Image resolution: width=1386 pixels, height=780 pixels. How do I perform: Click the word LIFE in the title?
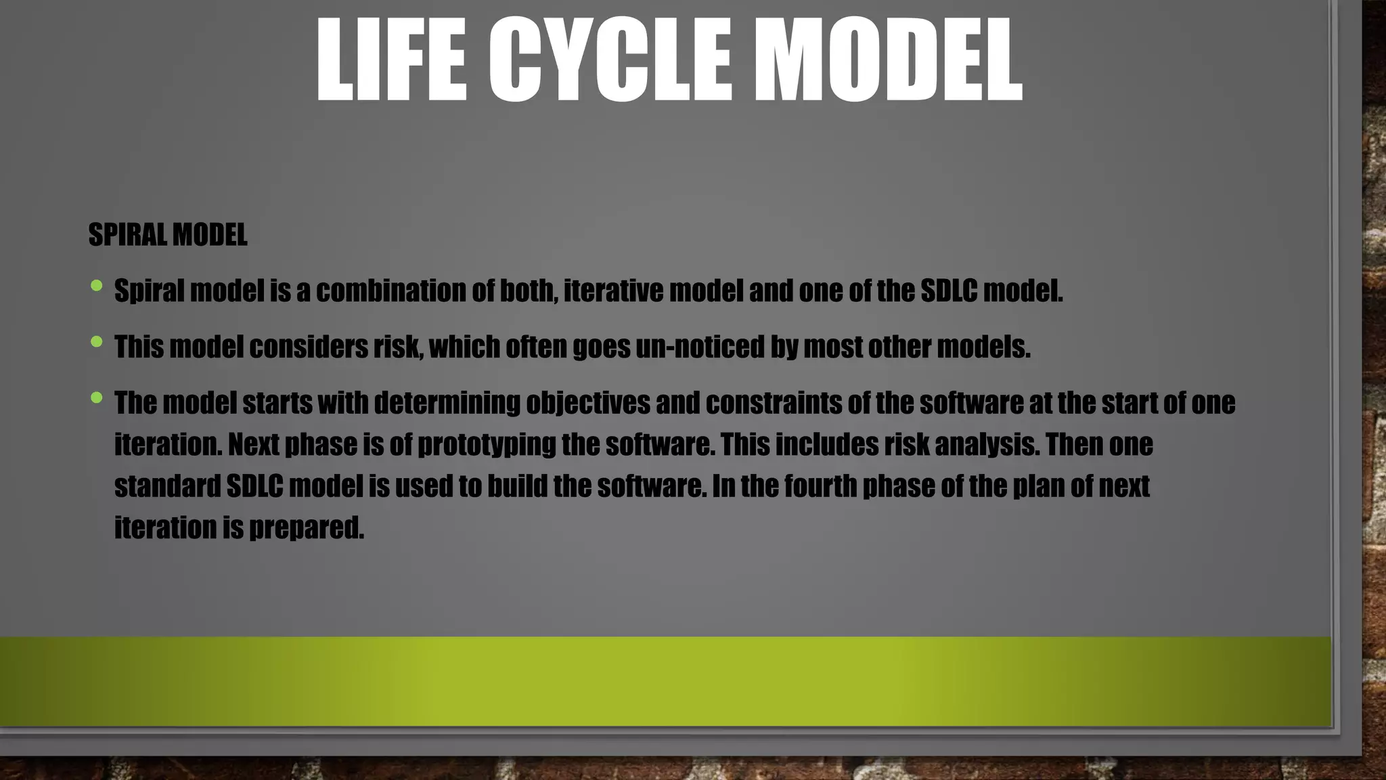coord(392,61)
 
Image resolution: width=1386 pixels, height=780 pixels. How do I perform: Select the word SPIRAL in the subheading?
coord(128,235)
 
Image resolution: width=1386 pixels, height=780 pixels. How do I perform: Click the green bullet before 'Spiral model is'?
coord(96,286)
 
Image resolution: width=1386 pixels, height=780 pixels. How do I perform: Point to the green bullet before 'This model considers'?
coord(96,342)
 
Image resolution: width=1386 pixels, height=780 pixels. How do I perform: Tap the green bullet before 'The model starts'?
coord(96,398)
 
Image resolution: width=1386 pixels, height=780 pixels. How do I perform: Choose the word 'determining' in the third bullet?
coord(447,403)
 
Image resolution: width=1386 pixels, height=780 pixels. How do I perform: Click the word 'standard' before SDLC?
coord(167,486)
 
